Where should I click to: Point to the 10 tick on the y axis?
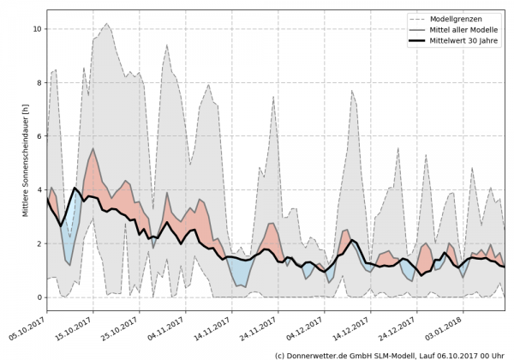(37, 29)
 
